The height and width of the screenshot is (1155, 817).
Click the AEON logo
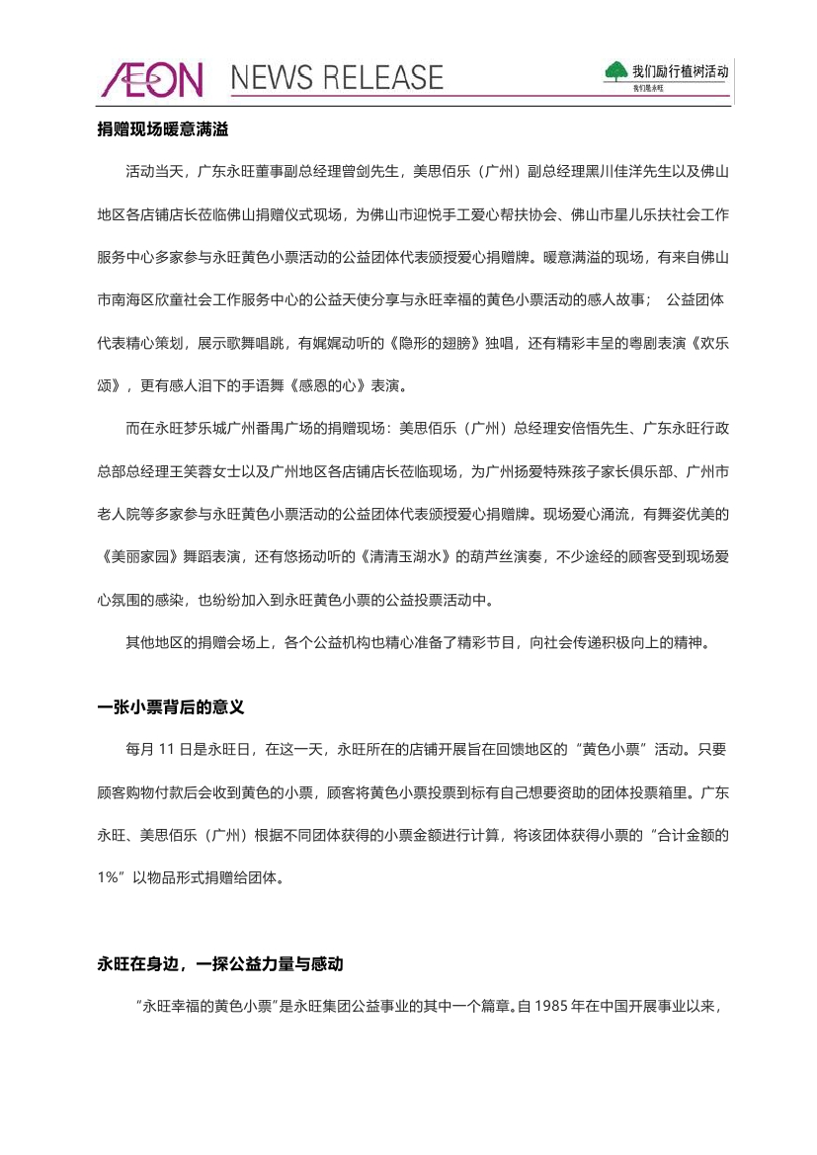click(x=151, y=80)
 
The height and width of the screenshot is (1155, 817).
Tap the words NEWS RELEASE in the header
click(x=337, y=78)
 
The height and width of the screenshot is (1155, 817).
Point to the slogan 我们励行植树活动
click(x=680, y=71)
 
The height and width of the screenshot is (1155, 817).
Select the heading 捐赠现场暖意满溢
click(x=162, y=129)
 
